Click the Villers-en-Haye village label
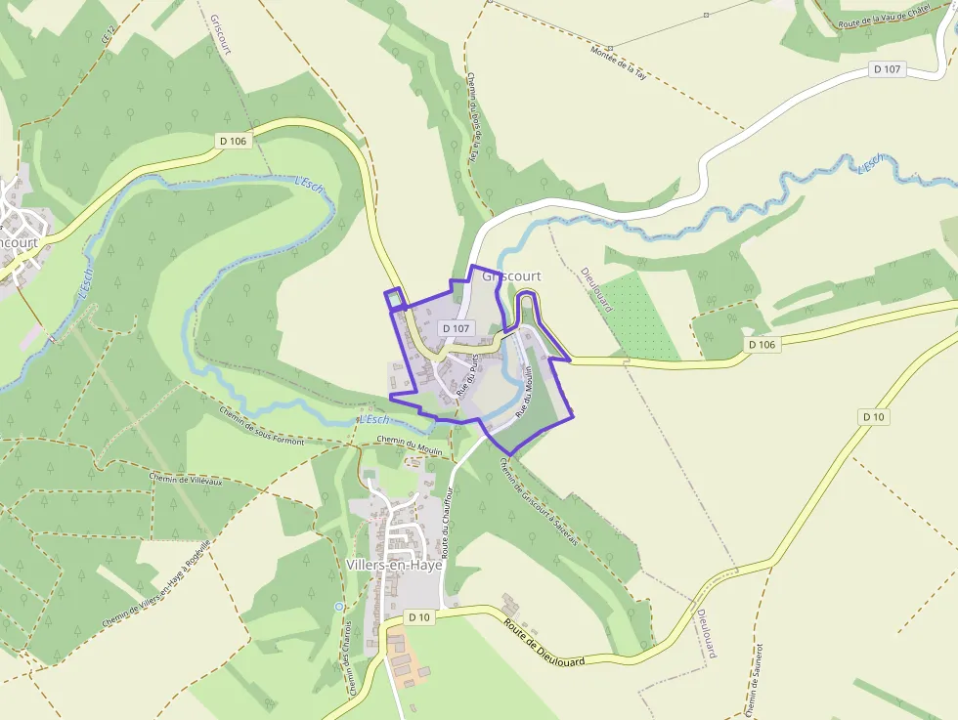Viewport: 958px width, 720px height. coord(394,565)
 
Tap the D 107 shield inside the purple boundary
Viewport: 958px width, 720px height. coord(457,329)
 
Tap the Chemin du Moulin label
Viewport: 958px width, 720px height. coord(410,446)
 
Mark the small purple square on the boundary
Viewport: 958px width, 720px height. coord(395,300)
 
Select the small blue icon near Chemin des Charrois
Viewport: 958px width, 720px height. coord(338,607)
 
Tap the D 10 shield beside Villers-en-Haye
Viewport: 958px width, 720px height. coord(418,617)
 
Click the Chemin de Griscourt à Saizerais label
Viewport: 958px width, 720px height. coord(538,503)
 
